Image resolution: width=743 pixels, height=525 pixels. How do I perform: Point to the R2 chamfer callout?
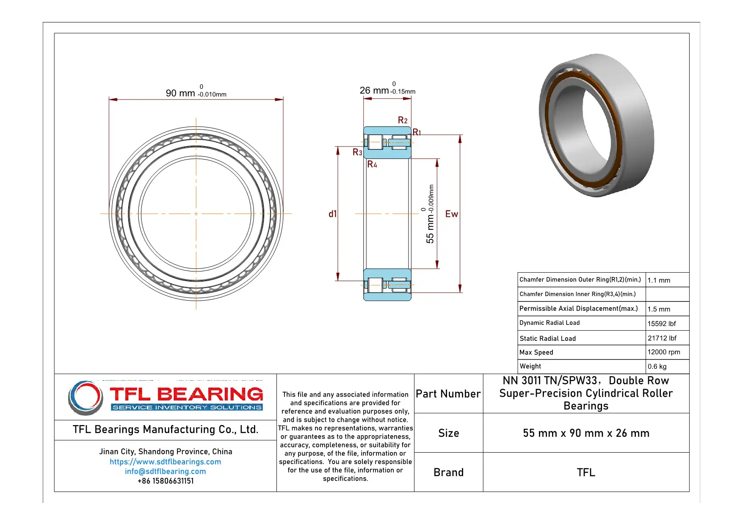(403, 120)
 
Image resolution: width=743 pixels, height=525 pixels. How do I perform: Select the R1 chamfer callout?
(417, 132)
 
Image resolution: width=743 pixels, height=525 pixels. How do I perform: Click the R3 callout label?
(357, 152)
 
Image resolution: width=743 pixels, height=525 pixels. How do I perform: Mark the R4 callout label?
(372, 164)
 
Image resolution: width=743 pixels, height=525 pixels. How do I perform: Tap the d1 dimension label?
(333, 214)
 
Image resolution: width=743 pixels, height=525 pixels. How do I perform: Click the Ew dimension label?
(452, 214)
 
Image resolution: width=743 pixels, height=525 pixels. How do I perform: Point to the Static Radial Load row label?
(547, 338)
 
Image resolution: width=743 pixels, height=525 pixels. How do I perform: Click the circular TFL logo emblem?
(86, 397)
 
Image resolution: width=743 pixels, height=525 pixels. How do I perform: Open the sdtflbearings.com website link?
(165, 461)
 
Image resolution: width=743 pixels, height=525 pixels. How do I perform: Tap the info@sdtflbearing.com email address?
(165, 471)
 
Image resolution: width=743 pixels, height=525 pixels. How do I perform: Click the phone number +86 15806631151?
(165, 481)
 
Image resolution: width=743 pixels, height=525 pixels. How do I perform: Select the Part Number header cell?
(448, 394)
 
